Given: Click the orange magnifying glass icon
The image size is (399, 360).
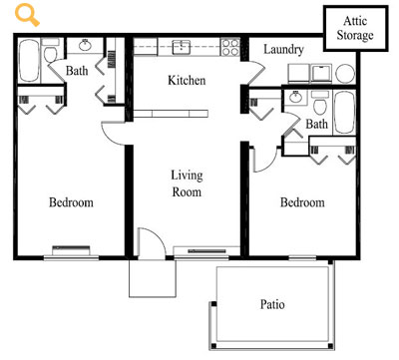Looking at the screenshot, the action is pos(27,16).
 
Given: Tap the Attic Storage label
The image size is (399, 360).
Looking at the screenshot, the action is pos(355,28).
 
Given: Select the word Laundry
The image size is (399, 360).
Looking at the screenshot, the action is pos(283,50).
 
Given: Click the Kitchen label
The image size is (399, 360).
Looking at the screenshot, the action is pos(187,80).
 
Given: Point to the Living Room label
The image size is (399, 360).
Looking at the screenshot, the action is pos(187,183).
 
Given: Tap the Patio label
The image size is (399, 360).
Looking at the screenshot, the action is pos(272,304).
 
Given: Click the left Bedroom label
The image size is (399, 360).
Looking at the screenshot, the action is pos(71,202).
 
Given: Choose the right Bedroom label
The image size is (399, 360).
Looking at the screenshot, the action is pos(302,202).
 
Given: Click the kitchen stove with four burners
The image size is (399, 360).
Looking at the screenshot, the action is pos(230,47).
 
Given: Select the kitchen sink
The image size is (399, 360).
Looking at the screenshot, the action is pos(182,47).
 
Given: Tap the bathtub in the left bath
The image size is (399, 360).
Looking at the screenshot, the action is pos(29,61).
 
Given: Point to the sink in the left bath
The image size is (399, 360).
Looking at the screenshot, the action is pos(86,45).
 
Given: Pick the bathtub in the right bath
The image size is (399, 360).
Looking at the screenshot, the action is pos(344,112).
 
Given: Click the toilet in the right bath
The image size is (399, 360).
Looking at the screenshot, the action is pos(320,103).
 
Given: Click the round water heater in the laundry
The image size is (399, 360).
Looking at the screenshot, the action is pos(345,74).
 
